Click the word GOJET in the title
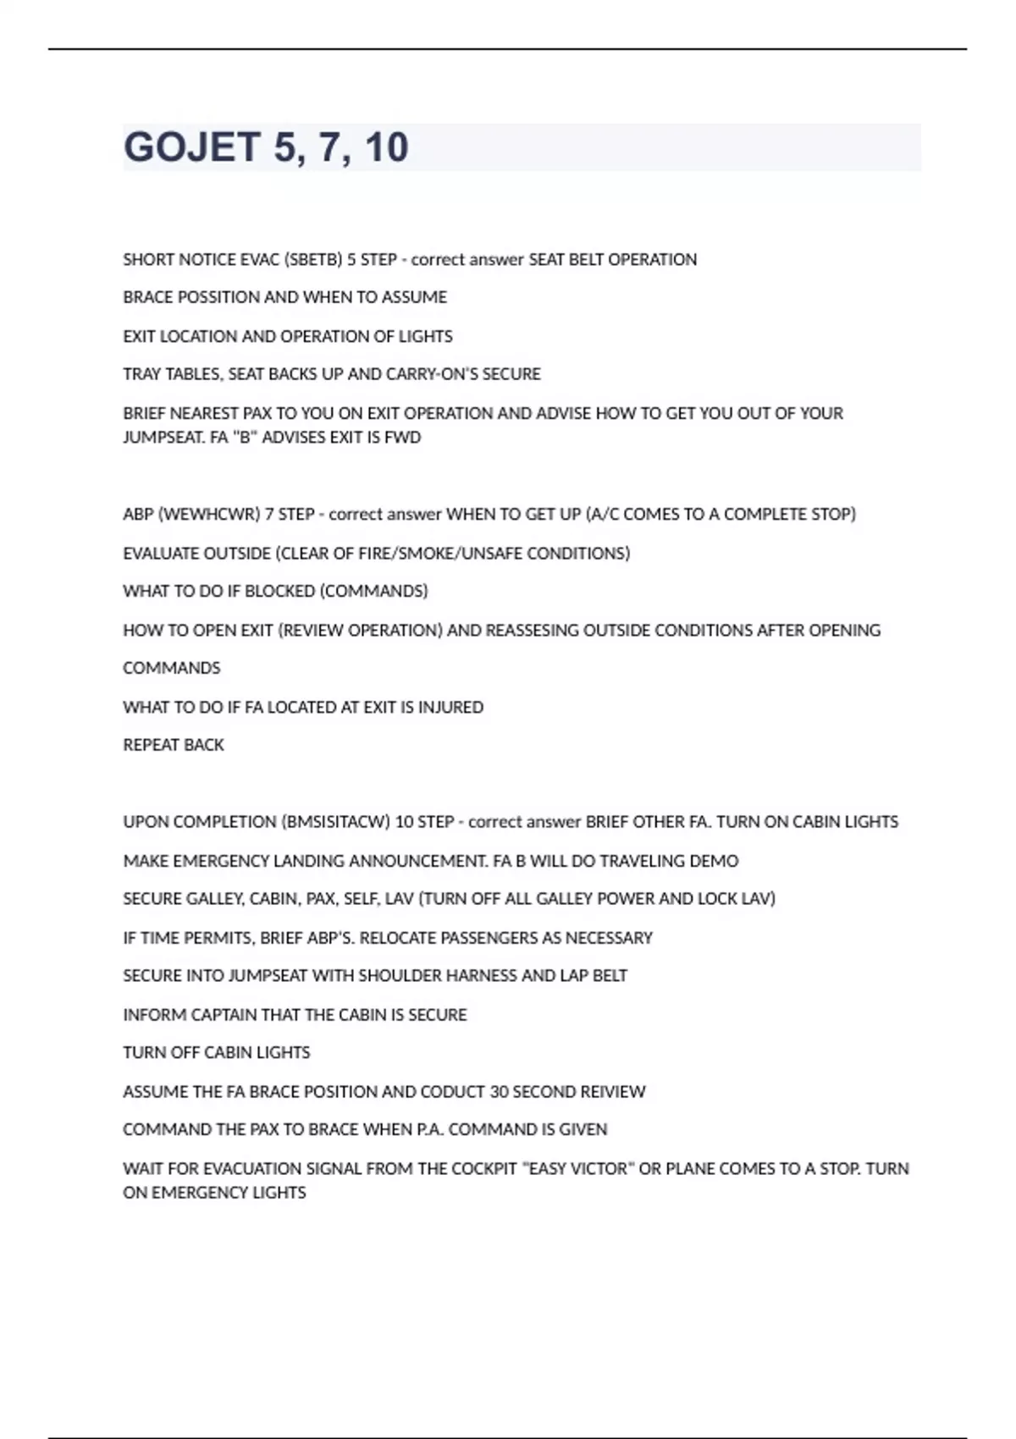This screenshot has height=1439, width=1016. tap(192, 147)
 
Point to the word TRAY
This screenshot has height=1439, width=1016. tap(141, 374)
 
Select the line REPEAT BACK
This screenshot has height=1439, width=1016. tap(174, 745)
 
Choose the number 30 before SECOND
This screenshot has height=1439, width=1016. tap(499, 1092)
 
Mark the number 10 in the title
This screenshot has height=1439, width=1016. tap(387, 147)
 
